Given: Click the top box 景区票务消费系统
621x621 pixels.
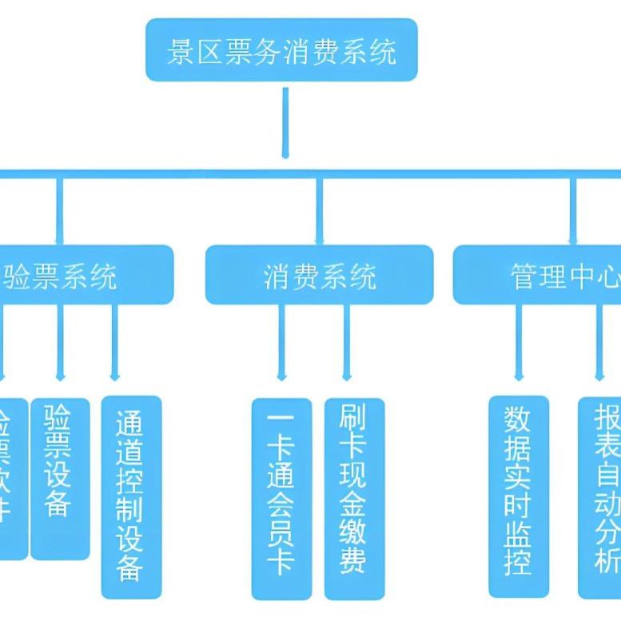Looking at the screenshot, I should pos(281,50).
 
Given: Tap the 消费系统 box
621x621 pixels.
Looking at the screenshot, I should pos(319,275).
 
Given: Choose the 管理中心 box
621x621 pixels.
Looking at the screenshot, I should pos(543,275).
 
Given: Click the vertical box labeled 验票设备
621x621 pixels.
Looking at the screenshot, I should pos(59,478).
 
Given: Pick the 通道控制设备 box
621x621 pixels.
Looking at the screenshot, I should pos(131,496).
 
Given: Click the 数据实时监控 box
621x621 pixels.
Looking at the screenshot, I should pos(519,496).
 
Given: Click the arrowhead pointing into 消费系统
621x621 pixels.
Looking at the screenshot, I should pos(319,239).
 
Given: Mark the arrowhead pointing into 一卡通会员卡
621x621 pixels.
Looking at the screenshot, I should pos(281,375).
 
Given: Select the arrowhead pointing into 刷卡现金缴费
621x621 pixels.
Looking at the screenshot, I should pos(347,375).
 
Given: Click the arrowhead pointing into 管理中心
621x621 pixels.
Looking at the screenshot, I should pos(572,239).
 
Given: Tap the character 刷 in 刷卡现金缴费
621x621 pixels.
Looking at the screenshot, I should pos(353,418).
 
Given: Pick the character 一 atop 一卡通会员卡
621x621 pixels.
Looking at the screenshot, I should pos(281,419).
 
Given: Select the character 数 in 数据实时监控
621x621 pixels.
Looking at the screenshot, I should pos(519,418).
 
